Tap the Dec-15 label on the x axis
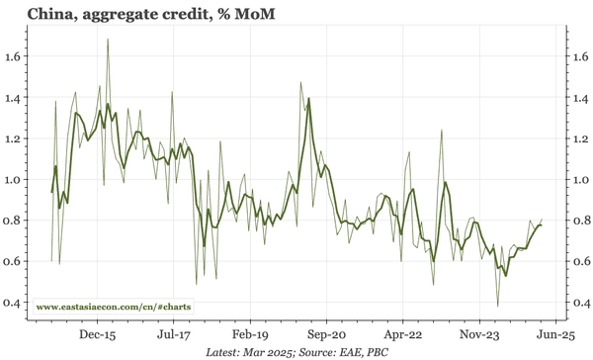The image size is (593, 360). coord(98,335)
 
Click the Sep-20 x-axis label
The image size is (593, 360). coord(325,335)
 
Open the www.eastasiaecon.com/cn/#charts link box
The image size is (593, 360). coord(114,308)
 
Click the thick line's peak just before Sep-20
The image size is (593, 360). coord(308,98)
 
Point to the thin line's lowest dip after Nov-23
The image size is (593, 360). coord(499,305)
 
